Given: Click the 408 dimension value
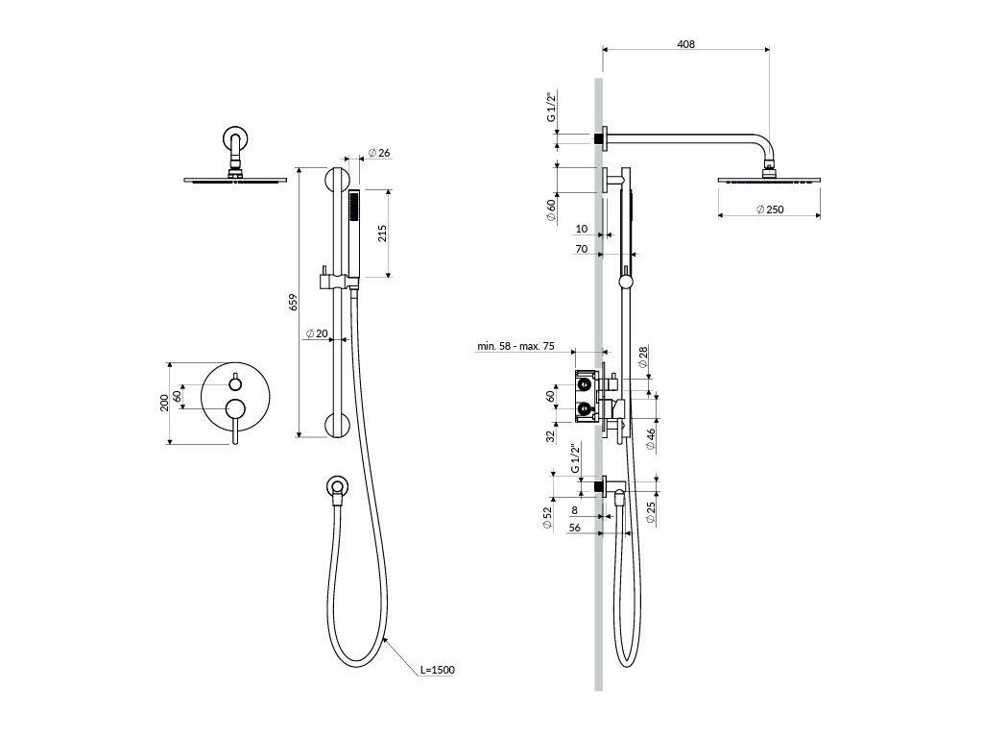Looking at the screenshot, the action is click(x=684, y=43).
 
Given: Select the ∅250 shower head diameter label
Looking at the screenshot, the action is click(x=769, y=209).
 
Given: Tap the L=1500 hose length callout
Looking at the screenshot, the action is click(x=437, y=670).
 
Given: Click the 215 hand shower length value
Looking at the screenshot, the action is click(x=381, y=234).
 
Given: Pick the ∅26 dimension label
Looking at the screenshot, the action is click(x=379, y=154).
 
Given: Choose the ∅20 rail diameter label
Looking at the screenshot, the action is click(x=316, y=334).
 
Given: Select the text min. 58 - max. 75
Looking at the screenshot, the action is click(x=516, y=346).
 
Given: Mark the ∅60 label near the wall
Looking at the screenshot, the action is click(x=550, y=211).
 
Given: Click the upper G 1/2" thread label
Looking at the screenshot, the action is click(x=550, y=108).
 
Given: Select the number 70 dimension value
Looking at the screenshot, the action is click(x=581, y=248).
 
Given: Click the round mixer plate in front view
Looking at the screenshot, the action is click(x=233, y=401).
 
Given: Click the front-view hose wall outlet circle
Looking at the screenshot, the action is click(x=335, y=486).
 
